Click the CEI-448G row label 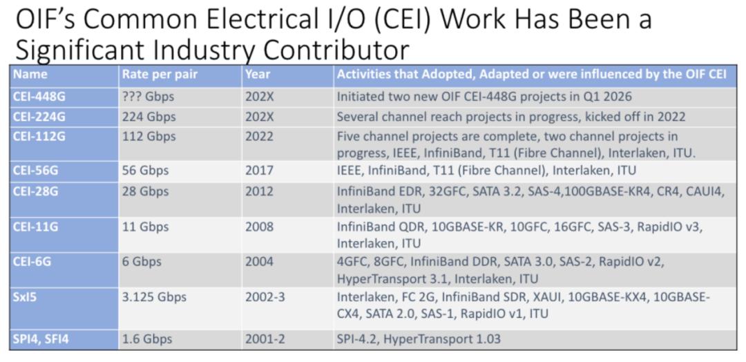tap(39, 97)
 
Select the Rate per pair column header tap(160, 74)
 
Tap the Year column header tap(258, 74)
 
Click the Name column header tap(30, 74)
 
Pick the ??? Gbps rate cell tap(148, 97)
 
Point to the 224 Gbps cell tap(149, 117)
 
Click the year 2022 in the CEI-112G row tap(259, 137)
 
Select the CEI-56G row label tap(36, 170)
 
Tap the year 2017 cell tap(259, 170)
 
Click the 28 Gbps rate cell tap(145, 191)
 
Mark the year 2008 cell tap(259, 227)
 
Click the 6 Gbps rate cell tap(142, 262)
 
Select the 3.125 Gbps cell tap(154, 298)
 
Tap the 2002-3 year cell tap(265, 297)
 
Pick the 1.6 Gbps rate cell tap(147, 340)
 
